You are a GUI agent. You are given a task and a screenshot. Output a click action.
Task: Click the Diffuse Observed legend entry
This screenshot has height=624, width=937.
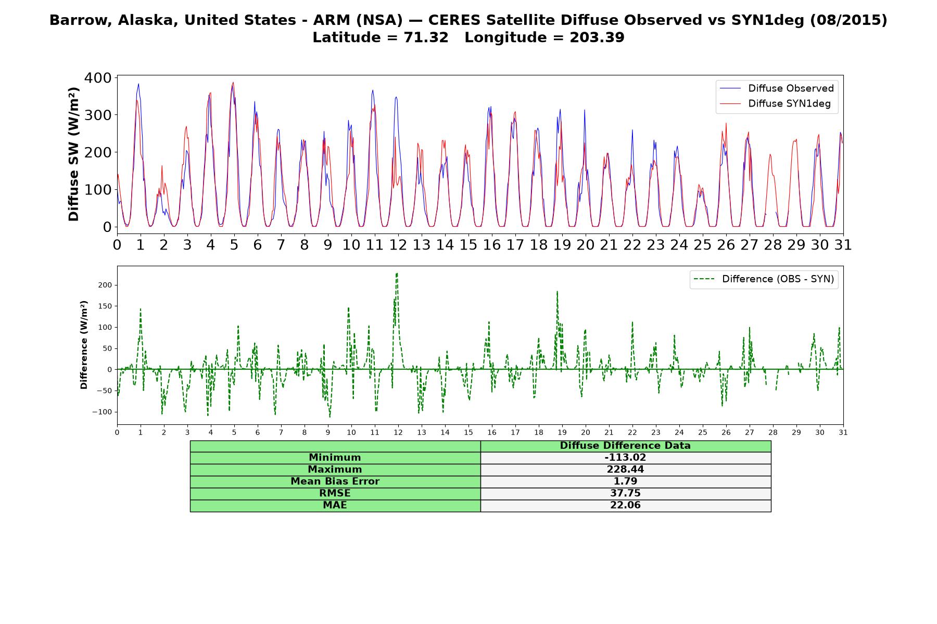tap(776, 88)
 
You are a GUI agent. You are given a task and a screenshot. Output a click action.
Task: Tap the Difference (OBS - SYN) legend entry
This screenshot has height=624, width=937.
tap(764, 279)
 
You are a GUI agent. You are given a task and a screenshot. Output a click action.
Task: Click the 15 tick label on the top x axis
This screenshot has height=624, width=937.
tap(468, 245)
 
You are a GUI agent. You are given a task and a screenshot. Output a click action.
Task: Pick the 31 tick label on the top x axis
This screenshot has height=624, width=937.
tap(843, 245)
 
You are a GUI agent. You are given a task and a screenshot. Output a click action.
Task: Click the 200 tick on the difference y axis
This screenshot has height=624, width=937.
tap(105, 285)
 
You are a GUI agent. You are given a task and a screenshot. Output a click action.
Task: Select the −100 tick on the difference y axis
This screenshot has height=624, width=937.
tap(103, 412)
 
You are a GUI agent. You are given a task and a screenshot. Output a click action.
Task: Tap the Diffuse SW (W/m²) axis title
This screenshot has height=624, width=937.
tap(74, 154)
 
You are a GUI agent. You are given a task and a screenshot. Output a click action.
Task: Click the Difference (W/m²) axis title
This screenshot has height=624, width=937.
tap(84, 345)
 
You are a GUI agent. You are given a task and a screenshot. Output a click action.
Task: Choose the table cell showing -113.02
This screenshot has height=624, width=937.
tap(625, 458)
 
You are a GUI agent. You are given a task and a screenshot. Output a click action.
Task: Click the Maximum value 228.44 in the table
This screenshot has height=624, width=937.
tap(625, 470)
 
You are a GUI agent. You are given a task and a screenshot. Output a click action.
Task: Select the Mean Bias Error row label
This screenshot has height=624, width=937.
tap(335, 482)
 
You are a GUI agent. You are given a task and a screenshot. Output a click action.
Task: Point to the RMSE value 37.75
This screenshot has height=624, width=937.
tap(625, 493)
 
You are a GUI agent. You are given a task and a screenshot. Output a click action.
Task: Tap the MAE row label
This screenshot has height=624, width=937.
tap(335, 505)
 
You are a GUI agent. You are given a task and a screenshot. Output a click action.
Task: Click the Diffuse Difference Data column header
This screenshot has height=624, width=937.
tap(625, 446)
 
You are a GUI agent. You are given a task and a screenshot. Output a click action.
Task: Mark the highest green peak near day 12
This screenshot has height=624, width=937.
tap(397, 273)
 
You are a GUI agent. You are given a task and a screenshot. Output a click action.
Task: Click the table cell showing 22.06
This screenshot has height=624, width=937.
tap(625, 505)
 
